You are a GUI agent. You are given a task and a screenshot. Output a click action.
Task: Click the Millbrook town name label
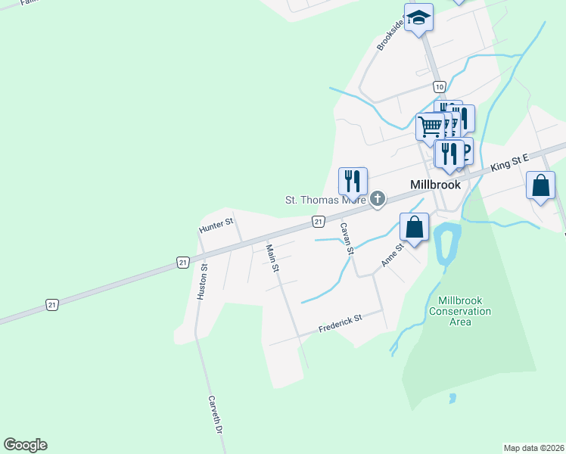coord(435,184)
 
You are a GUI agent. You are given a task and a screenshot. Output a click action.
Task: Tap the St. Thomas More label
coord(325,200)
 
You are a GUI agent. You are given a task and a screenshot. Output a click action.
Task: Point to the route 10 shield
coord(439,86)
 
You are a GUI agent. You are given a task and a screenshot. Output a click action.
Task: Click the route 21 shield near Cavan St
coord(319,221)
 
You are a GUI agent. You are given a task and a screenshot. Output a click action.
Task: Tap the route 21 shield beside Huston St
coord(182,262)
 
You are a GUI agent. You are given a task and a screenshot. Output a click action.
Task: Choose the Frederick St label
coord(340,323)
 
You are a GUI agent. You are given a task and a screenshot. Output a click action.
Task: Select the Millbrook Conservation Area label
coord(459,311)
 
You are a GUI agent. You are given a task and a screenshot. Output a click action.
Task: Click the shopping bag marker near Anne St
coord(415,226)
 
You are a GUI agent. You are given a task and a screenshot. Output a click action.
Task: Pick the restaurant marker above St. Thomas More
coord(353,180)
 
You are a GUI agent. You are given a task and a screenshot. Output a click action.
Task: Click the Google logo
coord(25,445)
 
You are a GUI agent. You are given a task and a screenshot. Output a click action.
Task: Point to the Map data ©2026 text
coord(533,448)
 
